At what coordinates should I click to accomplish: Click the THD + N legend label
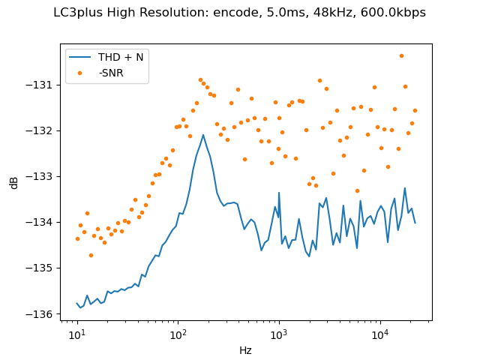[x=118, y=58]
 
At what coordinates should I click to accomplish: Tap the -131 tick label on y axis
[x=40, y=85]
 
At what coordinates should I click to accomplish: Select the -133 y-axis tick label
[x=40, y=176]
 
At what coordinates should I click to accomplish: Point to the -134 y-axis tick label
[x=40, y=222]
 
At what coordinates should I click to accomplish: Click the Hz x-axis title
[x=245, y=349]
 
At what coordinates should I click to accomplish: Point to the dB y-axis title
[x=14, y=182]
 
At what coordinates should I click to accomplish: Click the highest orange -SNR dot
[x=401, y=55]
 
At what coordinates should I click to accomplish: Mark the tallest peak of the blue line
[x=203, y=135]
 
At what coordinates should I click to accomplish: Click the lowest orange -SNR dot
[x=91, y=255]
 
